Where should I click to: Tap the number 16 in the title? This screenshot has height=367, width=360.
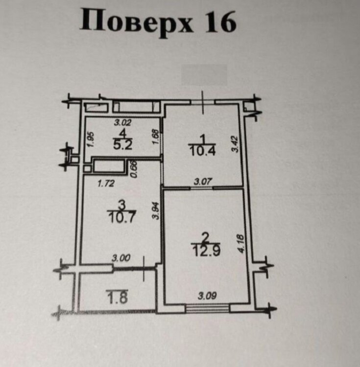(x=219, y=22)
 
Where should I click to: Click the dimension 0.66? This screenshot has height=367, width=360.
(x=133, y=169)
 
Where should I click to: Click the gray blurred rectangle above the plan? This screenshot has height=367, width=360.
(x=204, y=75)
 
